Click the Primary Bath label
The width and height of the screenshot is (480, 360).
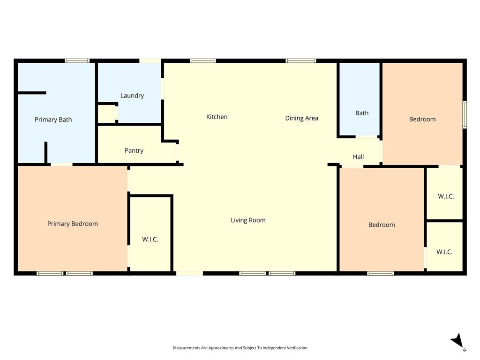pos(53,120)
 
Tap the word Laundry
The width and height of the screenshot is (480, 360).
pos(132,96)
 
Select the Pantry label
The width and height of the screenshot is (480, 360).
pos(134,150)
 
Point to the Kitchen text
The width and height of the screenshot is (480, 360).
pos(217,117)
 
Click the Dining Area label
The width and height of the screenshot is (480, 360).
pos(301,118)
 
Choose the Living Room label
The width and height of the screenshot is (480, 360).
pos(248,220)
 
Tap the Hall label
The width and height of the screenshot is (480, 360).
pos(358,157)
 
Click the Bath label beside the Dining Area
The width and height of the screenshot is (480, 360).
pos(362,113)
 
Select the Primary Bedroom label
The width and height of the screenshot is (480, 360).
pos(73,224)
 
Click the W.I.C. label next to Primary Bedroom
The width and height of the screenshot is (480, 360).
pos(150,239)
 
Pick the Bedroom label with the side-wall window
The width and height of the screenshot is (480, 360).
pos(422,119)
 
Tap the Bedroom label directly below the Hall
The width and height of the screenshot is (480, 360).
pos(382,225)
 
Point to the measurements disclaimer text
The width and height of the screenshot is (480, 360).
pos(240,348)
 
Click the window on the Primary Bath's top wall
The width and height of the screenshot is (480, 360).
pos(77,60)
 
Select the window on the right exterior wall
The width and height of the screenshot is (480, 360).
pos(465,114)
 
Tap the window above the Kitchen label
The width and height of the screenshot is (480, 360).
pos(203,60)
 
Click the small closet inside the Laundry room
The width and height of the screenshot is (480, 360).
pos(107,114)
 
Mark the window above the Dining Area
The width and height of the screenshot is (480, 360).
pos(301,60)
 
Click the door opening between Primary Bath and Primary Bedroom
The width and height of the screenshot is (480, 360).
pos(62,165)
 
